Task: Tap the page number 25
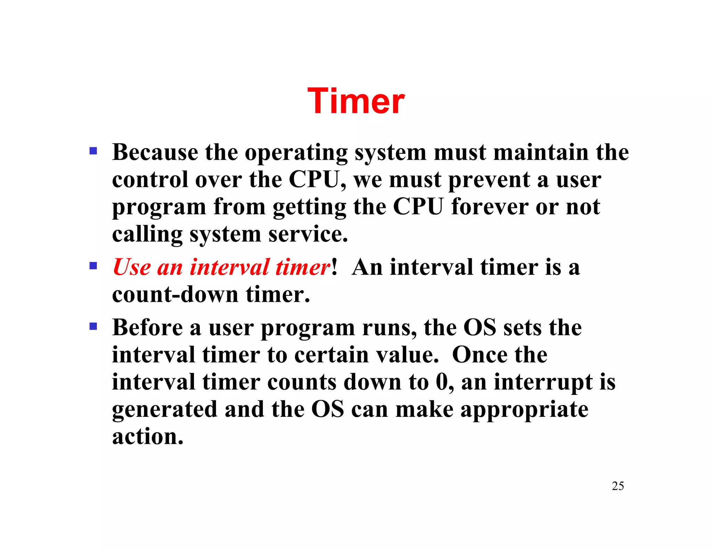point(617,486)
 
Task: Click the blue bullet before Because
point(93,151)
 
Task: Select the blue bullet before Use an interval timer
point(93,266)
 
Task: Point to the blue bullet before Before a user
point(93,326)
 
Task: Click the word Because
point(155,152)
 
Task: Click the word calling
point(147,234)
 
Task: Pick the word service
point(308,234)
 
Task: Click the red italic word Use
point(132,267)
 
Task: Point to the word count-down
point(175,294)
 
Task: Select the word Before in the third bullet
point(147,327)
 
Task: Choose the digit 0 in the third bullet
point(442,382)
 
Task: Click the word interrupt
point(542,382)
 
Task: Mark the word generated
point(164,410)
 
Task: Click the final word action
point(147,436)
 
